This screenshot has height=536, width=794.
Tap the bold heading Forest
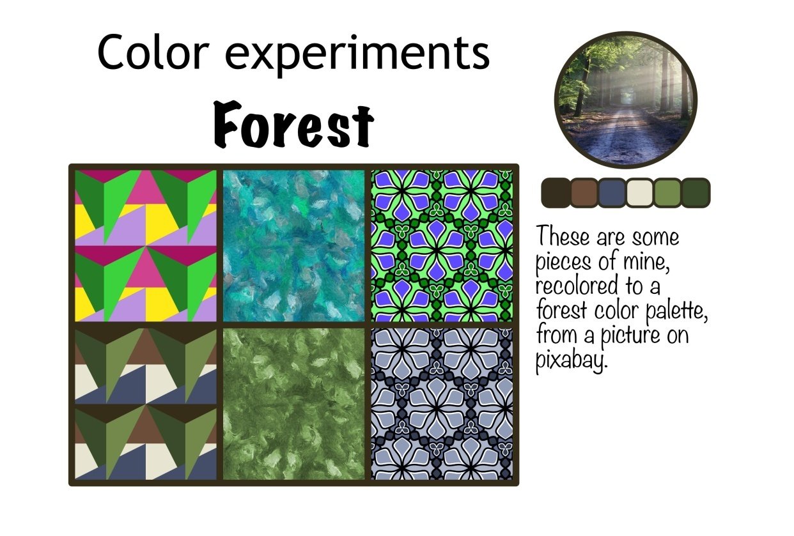[x=293, y=124]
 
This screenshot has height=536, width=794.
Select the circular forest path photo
[x=625, y=99]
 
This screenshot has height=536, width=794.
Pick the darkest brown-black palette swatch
[x=554, y=193]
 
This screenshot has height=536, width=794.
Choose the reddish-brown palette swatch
[x=583, y=193]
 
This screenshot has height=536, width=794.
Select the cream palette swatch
[x=639, y=193]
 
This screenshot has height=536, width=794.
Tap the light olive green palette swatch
[x=667, y=193]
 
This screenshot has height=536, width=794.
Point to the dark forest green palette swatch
[x=696, y=193]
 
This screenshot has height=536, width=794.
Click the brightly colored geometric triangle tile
[x=146, y=245]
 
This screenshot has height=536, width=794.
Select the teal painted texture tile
[x=293, y=245]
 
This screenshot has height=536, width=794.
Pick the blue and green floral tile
[x=442, y=245]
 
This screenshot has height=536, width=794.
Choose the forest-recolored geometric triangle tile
[x=146, y=404]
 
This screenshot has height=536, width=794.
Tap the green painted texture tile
[x=293, y=404]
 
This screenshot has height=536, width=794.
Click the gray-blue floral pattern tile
[x=442, y=404]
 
